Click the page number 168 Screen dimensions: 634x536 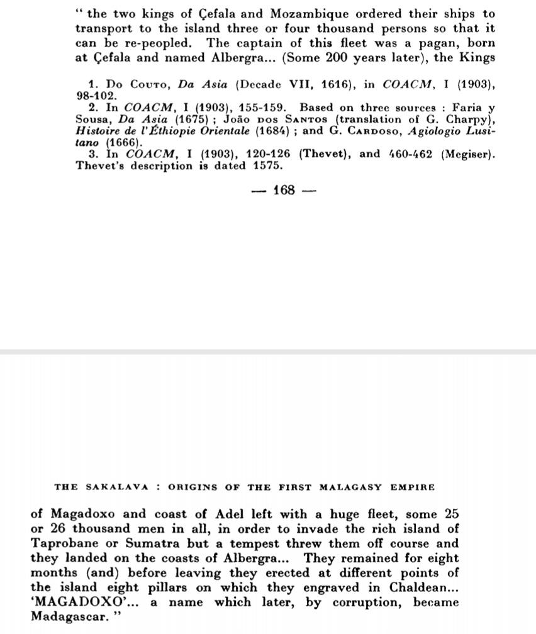click(284, 190)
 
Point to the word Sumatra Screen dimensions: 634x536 click(170, 543)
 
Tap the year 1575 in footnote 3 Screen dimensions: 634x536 click(264, 166)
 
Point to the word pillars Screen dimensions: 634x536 click(186, 587)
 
